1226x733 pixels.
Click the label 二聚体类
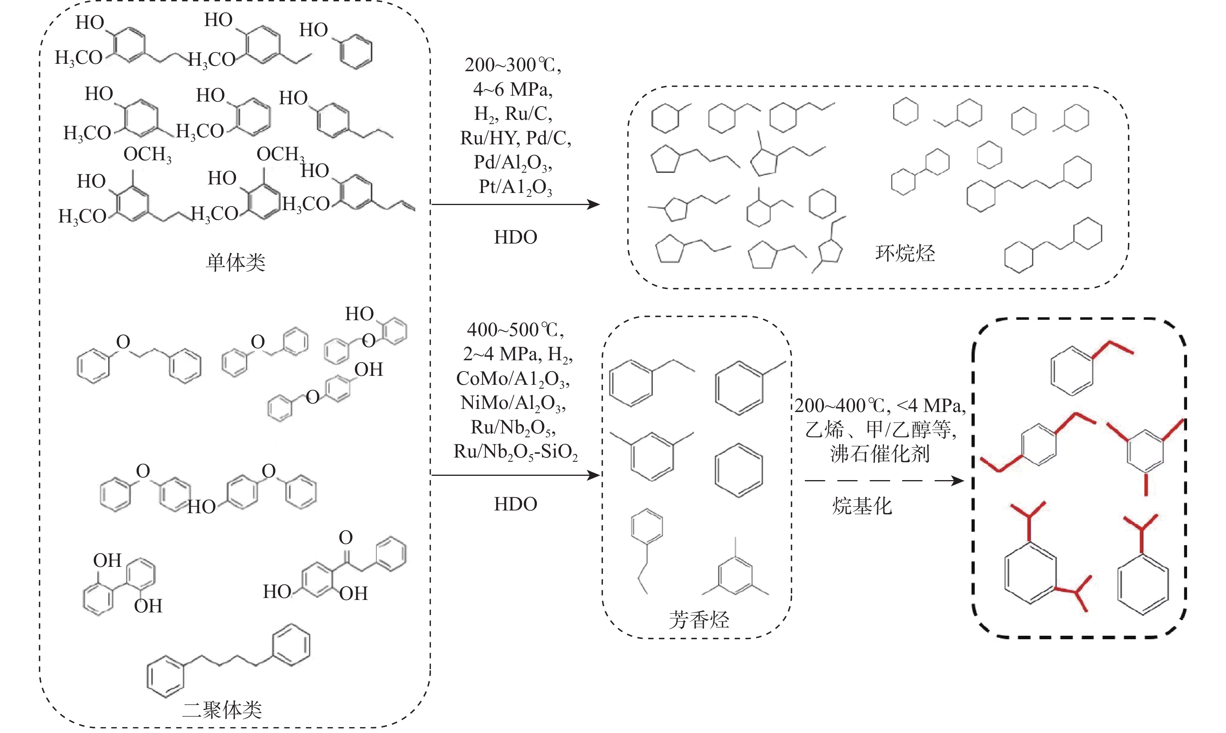(x=222, y=710)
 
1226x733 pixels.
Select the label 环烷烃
(x=905, y=253)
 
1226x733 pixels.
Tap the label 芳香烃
(x=699, y=619)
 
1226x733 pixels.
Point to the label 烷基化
(x=862, y=506)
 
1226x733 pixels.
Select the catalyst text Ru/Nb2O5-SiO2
(x=515, y=452)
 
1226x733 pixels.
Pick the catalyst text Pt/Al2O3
(x=515, y=187)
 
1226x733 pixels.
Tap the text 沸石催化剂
(x=880, y=453)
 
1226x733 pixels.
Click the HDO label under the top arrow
(x=515, y=237)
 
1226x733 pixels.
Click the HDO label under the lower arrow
(x=515, y=504)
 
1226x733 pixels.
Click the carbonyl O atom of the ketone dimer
(x=346, y=537)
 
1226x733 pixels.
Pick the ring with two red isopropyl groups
(x=1031, y=573)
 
